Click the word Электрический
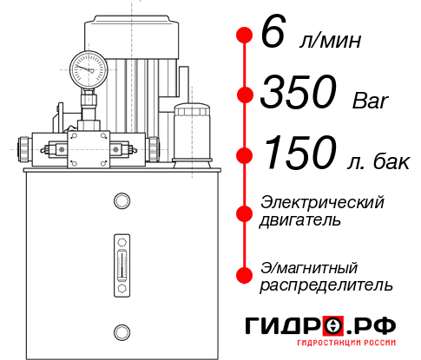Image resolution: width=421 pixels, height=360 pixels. tap(322, 202)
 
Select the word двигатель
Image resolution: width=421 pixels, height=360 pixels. tap(300, 220)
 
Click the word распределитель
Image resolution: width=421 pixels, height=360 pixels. tap(326, 285)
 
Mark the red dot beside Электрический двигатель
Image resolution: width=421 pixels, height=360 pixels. tap(245, 211)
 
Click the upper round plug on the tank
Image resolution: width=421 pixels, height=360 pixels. tap(121, 202)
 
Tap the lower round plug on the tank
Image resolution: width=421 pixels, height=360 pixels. tap(121, 330)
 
